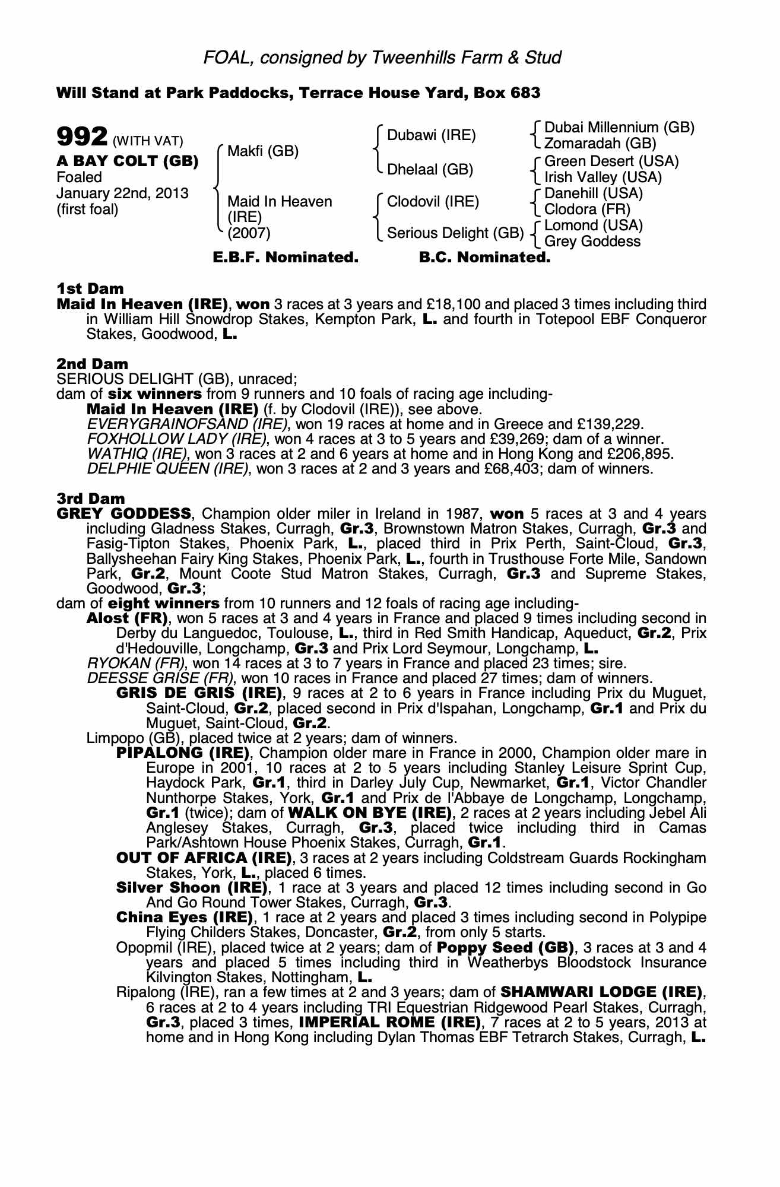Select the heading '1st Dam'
pos(90,288)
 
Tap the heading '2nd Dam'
pos(92,363)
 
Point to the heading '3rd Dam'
pos(91,498)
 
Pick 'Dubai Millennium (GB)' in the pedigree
pos(619,128)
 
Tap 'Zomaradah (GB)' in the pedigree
pos(600,144)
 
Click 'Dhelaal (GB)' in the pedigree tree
pos(430,170)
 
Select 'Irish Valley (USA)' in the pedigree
pos(603,177)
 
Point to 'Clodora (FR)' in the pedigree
pos(587,210)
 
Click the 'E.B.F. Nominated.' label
pos(286,258)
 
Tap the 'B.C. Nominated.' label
pos(484,258)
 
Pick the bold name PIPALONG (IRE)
pos(183,753)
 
